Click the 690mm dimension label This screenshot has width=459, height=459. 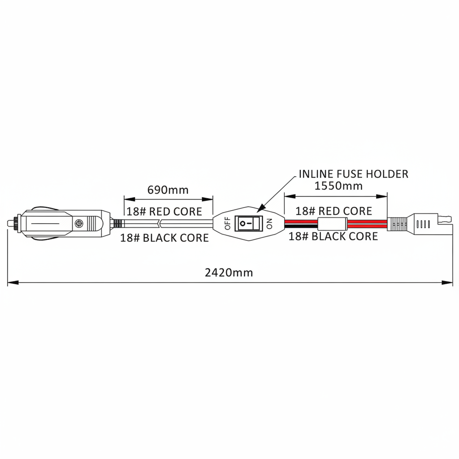tap(168, 190)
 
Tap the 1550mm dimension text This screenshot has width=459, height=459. tap(338, 186)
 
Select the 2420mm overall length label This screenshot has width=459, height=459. tap(229, 273)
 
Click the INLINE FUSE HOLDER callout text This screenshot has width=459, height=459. tap(353, 174)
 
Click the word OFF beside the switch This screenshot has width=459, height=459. tap(227, 223)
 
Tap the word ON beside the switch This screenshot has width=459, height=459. tap(269, 224)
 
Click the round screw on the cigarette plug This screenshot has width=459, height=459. tap(78, 223)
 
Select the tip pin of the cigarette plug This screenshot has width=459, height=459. tap(11, 223)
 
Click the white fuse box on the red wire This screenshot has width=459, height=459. tap(332, 224)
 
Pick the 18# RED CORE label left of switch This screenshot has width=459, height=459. tap(164, 212)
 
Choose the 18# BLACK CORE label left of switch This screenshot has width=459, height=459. tap(165, 238)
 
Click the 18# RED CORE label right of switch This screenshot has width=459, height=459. tap(333, 211)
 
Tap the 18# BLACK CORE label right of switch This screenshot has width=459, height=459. tap(333, 236)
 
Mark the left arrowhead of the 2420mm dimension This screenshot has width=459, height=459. tap(13, 282)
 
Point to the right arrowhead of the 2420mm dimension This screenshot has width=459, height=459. tap(447, 282)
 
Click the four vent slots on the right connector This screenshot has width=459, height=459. tap(423, 224)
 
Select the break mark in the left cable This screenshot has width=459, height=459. tap(159, 224)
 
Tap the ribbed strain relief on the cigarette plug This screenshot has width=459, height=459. tap(118, 224)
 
